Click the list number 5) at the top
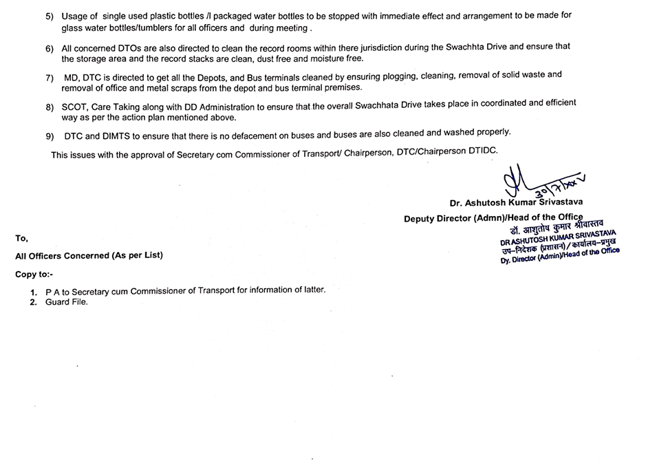click(50, 16)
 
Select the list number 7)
click(50, 76)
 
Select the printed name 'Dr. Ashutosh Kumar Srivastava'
click(515, 204)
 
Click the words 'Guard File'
click(66, 302)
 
